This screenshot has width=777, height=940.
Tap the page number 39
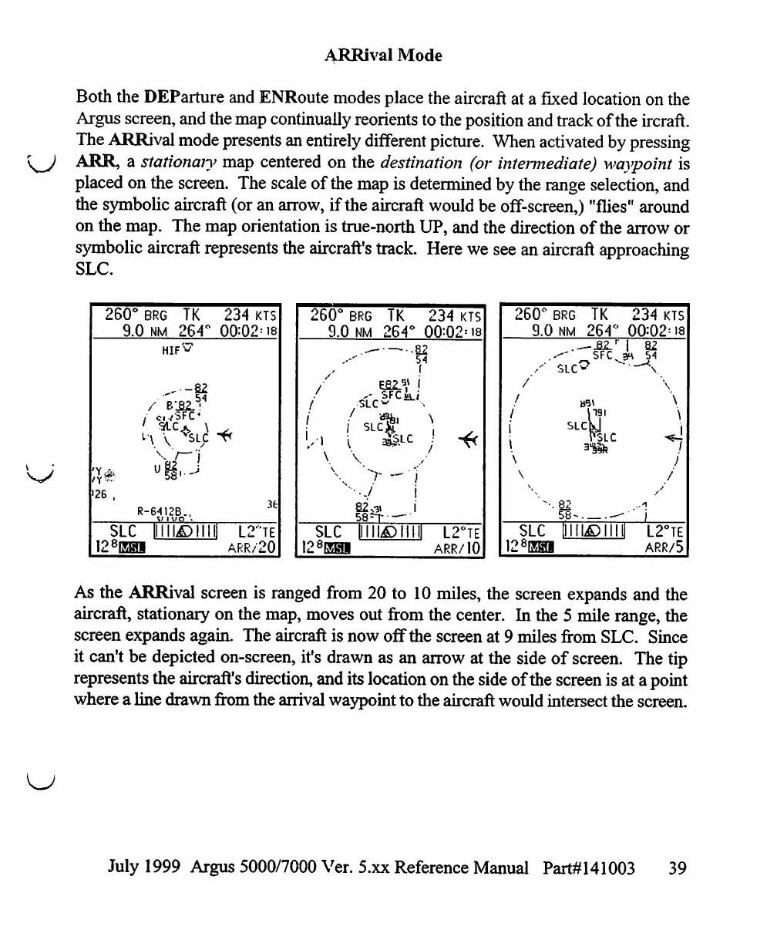(x=678, y=868)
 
